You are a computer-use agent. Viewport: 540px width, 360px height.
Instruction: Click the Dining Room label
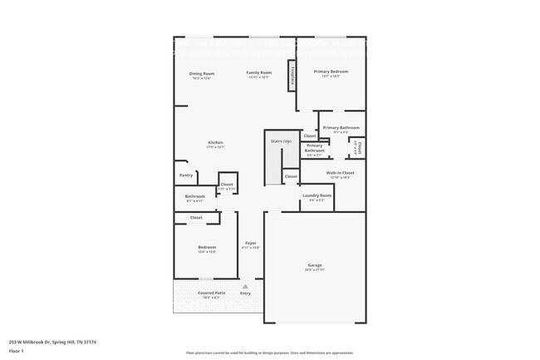202,73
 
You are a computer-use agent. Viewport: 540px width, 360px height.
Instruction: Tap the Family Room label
259,73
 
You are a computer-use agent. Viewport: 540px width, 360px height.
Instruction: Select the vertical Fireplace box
292,75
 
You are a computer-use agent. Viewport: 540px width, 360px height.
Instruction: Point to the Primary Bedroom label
331,72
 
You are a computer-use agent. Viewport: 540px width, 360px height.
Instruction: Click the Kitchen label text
215,143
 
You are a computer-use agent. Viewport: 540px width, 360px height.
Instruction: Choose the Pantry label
186,175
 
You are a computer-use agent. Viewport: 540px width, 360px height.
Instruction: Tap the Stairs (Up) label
281,141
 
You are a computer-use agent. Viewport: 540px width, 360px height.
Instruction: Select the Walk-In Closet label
341,173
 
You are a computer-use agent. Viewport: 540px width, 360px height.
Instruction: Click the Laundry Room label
317,195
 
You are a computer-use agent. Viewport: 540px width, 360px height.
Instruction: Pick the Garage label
315,266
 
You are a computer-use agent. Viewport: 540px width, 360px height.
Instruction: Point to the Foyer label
250,244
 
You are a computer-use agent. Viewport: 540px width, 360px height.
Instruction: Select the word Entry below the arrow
245,293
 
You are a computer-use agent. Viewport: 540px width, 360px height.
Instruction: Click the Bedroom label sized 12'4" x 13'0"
207,247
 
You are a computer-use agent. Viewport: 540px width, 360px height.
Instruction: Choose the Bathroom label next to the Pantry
195,197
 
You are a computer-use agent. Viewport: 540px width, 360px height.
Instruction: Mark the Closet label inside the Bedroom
196,218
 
